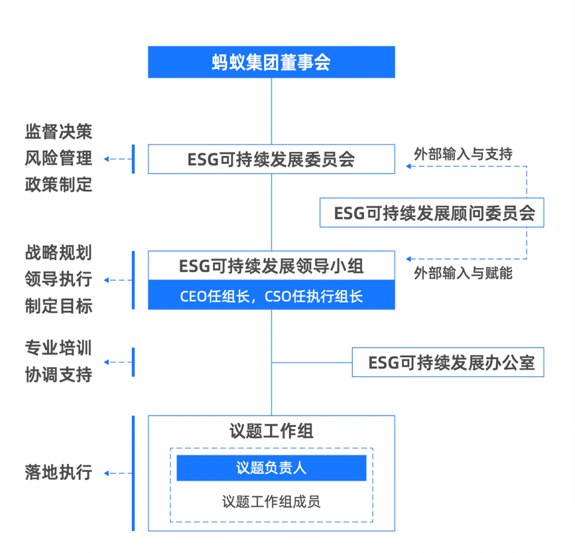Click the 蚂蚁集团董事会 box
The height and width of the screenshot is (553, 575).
(271, 62)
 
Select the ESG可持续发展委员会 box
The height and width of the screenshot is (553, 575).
(271, 159)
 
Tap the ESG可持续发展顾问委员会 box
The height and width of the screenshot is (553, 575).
(431, 213)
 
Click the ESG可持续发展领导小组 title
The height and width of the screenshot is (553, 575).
(271, 266)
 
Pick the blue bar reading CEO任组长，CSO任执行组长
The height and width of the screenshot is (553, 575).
(271, 296)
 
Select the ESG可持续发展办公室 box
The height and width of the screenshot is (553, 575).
(448, 362)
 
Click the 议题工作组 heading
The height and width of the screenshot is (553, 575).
(271, 432)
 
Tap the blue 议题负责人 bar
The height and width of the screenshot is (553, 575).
(271, 468)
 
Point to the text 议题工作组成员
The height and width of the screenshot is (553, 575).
(271, 502)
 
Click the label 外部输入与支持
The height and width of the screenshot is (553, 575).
(463, 154)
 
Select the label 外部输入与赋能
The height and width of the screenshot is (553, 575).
(463, 273)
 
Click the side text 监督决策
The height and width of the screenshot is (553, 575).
(58, 132)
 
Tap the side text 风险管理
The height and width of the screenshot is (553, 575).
(58, 159)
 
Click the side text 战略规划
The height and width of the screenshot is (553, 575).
(58, 253)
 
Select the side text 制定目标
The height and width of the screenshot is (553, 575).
(58, 307)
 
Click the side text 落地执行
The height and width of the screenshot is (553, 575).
(58, 473)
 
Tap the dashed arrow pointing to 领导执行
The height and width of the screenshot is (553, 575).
(117, 280)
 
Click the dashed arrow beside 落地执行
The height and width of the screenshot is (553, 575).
(117, 473)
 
